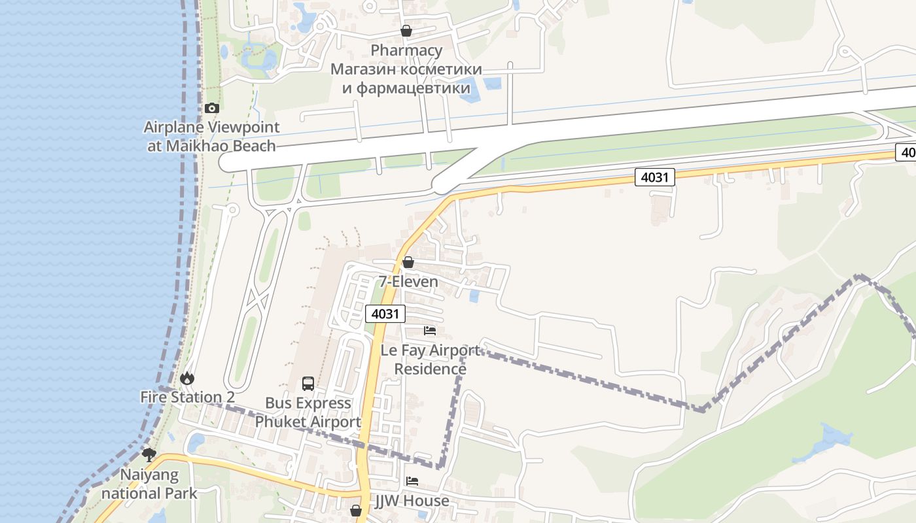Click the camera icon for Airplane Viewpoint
tap(211, 108)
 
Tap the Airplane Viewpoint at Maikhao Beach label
tap(211, 136)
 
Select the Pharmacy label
tap(406, 50)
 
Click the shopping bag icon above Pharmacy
tap(406, 31)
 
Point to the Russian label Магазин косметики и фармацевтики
tap(406, 78)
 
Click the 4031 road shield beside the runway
tap(654, 177)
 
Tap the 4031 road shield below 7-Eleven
tap(384, 314)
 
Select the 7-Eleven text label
tap(408, 282)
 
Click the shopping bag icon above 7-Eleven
tap(408, 262)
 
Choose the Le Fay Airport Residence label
tap(430, 360)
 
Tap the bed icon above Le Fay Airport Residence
tap(430, 330)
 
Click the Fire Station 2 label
tap(187, 397)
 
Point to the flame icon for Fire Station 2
tap(187, 378)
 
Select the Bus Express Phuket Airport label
tap(308, 413)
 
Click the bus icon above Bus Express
tap(308, 384)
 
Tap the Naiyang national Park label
tap(149, 484)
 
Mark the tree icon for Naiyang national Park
tap(149, 454)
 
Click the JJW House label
tap(412, 501)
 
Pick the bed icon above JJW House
tap(412, 481)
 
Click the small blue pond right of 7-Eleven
tap(474, 296)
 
